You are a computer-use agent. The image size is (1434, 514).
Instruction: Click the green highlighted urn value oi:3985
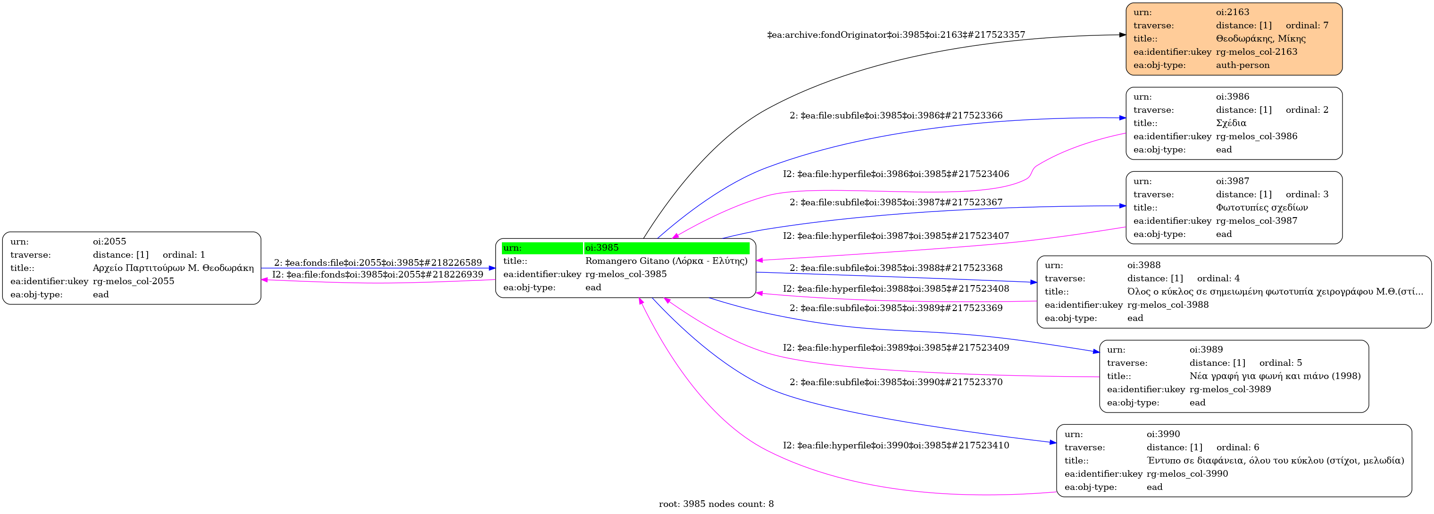602,248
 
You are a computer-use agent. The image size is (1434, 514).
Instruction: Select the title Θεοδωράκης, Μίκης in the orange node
1261,38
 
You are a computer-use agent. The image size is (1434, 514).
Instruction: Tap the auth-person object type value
1242,65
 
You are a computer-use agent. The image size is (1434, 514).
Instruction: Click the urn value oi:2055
109,242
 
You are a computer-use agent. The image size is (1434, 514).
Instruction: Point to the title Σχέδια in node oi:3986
1231,123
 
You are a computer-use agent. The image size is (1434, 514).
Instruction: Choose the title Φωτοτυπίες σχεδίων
1262,208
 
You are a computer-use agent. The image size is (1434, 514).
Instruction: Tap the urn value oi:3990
1163,434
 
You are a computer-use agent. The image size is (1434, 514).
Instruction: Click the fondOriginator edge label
896,34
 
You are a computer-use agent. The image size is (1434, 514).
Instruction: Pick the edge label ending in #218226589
378,263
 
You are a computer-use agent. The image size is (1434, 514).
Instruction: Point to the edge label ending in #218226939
378,275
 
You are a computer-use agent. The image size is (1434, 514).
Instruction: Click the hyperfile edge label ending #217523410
896,446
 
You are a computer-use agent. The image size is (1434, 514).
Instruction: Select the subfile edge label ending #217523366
896,116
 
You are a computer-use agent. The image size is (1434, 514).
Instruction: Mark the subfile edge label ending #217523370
896,382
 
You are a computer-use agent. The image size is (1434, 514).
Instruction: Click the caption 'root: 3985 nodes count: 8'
717,504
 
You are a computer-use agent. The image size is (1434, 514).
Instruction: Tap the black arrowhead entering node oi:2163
1122,35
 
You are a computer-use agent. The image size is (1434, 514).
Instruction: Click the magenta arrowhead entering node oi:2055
265,279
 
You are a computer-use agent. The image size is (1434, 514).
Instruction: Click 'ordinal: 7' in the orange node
1307,25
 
